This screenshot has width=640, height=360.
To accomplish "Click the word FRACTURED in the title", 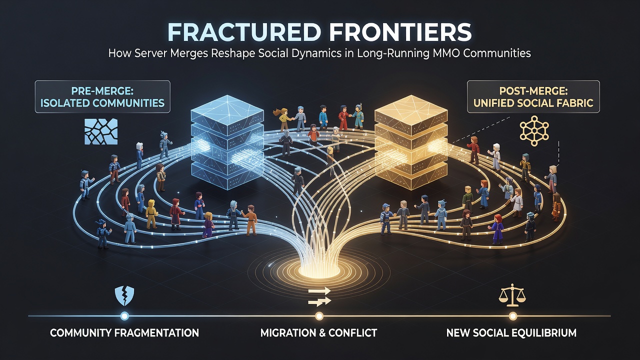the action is (x=243, y=33).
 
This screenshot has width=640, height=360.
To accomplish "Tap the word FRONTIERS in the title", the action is (x=400, y=33).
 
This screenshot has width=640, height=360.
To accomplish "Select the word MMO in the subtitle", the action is (x=443, y=53).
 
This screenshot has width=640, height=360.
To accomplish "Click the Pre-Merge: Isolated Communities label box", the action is (x=102, y=96).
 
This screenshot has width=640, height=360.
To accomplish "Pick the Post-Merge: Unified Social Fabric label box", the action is (x=533, y=96).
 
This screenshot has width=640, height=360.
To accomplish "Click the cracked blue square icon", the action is (x=101, y=131).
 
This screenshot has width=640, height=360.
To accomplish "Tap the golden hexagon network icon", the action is (x=534, y=131).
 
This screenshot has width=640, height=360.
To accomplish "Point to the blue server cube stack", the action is (x=227, y=142).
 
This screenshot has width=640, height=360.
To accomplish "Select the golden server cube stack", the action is (x=410, y=142).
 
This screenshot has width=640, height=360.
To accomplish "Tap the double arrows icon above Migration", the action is (x=319, y=297).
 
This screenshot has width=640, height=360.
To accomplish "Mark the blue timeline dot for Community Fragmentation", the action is (x=124, y=316).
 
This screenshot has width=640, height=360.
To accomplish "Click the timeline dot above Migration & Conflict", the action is (x=319, y=316).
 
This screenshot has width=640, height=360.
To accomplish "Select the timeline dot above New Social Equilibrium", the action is (x=513, y=316).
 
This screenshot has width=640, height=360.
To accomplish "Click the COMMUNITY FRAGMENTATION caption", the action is (x=124, y=333).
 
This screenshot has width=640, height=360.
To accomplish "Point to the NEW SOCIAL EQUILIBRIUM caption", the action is (x=511, y=333).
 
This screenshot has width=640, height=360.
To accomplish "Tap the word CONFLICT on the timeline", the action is (x=352, y=333).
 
